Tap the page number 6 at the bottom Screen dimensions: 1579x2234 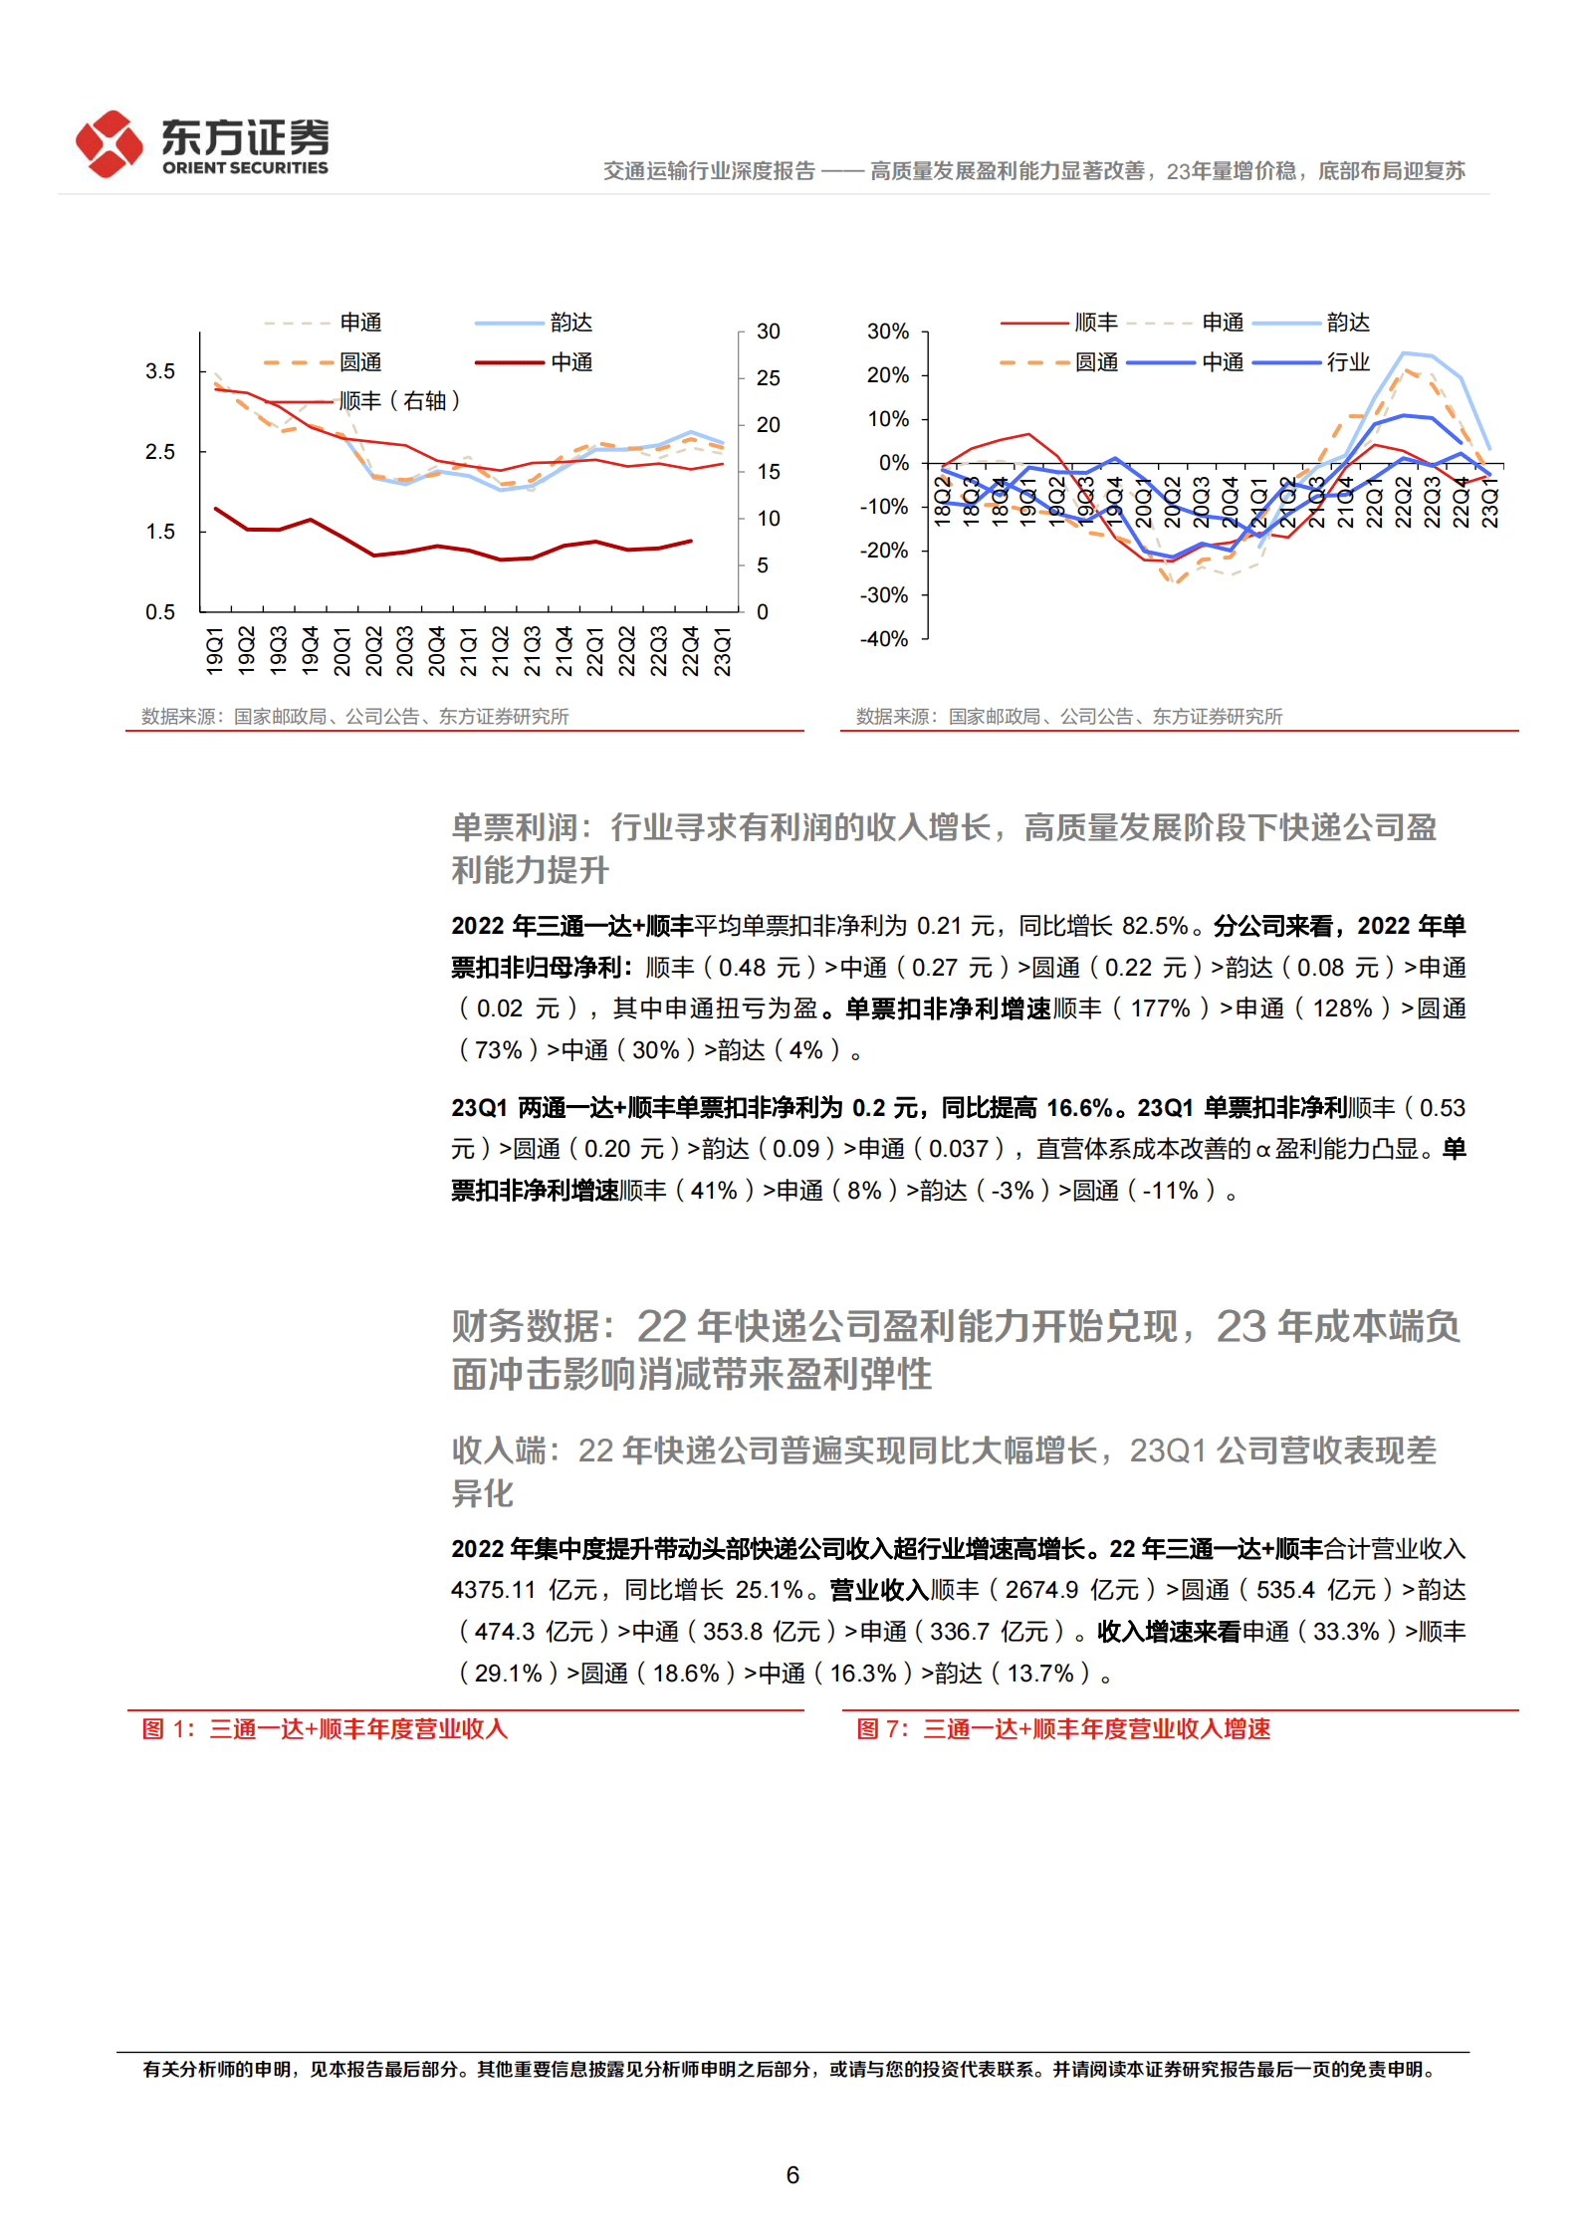pos(792,2175)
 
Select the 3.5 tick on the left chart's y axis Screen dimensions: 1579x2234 pos(160,371)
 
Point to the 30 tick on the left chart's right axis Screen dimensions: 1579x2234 pos(768,332)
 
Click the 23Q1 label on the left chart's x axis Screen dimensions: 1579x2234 pos(723,651)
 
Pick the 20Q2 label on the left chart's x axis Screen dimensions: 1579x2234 pos(374,651)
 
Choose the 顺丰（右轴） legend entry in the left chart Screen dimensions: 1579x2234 pos(399,401)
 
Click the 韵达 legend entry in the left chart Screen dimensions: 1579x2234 pos(570,323)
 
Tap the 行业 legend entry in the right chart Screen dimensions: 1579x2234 pos(1348,362)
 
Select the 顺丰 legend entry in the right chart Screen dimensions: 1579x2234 pos(1096,323)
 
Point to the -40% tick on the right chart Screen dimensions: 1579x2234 pos(884,639)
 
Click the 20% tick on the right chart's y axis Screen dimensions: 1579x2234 pos(888,375)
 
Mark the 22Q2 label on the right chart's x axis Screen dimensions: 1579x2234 pos(1404,502)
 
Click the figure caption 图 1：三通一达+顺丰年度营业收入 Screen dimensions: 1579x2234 pos(325,1729)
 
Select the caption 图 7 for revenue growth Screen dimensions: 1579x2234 pos(1063,1729)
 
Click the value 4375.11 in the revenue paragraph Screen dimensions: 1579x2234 pos(493,1590)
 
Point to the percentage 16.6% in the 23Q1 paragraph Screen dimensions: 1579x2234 pos(1079,1108)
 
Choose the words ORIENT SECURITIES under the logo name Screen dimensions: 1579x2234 pos(245,168)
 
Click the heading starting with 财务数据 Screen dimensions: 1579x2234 pos(956,1350)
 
